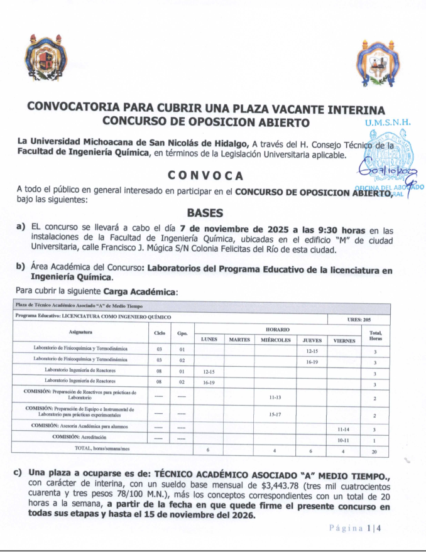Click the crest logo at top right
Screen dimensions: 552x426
pyautogui.click(x=378, y=63)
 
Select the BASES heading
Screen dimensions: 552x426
pyautogui.click(x=205, y=213)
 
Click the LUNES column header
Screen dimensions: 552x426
pyautogui.click(x=209, y=340)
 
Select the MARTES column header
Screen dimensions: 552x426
pyautogui.click(x=239, y=340)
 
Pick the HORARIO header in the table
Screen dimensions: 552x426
pyautogui.click(x=277, y=328)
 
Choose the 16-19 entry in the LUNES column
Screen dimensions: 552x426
pyautogui.click(x=209, y=382)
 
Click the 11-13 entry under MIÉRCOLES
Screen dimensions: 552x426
pyautogui.click(x=275, y=398)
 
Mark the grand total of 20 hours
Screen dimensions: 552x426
pyautogui.click(x=375, y=451)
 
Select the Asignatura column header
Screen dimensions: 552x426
pyautogui.click(x=81, y=332)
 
